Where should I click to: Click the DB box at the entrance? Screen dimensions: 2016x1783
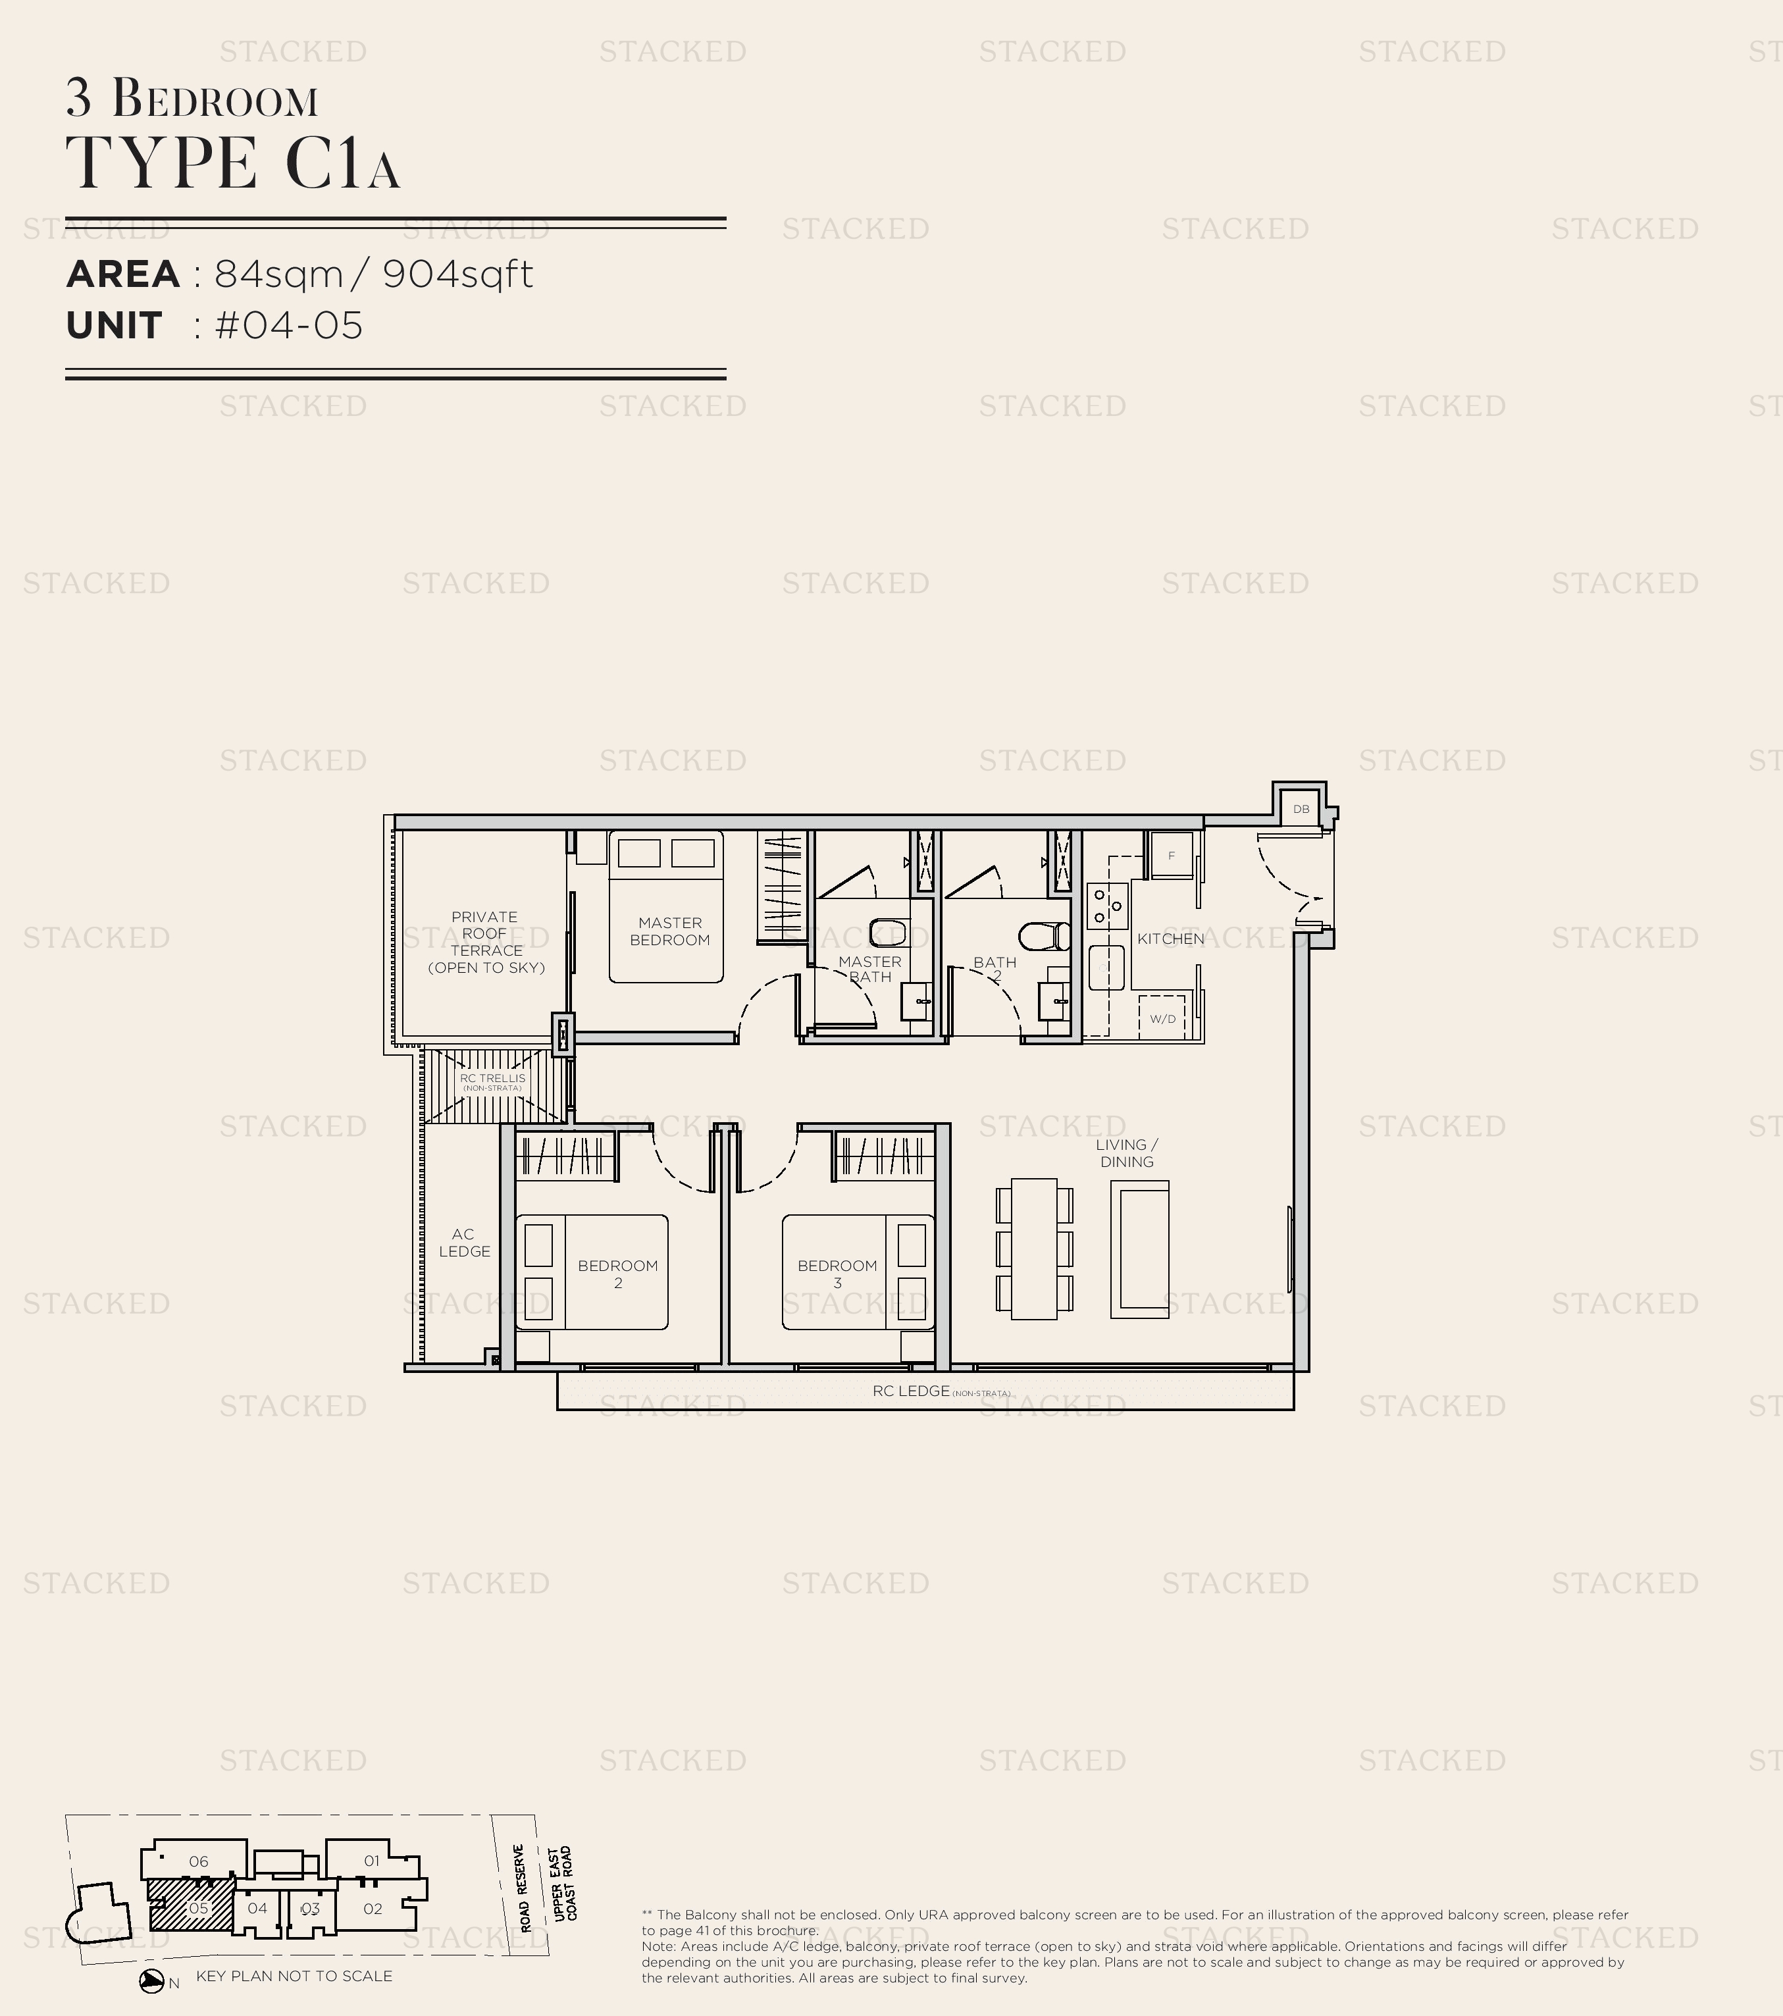pos(1301,809)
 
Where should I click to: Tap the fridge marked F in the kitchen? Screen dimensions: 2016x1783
pos(1172,855)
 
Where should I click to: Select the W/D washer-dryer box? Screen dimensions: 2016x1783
pos(1163,1018)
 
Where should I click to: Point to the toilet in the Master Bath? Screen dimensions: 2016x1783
pos(888,931)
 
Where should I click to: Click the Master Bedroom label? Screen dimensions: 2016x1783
pos(669,931)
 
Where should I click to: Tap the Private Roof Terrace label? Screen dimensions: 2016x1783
pos(485,942)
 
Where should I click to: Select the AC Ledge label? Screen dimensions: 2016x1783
pos(463,1242)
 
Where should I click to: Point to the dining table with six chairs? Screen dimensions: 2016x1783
pos(1033,1248)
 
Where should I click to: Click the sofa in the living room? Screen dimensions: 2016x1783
pos(1139,1249)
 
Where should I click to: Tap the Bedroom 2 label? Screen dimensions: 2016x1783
pos(617,1274)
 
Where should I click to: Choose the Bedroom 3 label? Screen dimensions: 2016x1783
pos(837,1274)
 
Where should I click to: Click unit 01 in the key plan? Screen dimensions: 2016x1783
pos(372,1860)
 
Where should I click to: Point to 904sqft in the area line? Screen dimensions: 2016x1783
pos(457,274)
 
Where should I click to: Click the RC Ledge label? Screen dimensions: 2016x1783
pos(911,1391)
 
